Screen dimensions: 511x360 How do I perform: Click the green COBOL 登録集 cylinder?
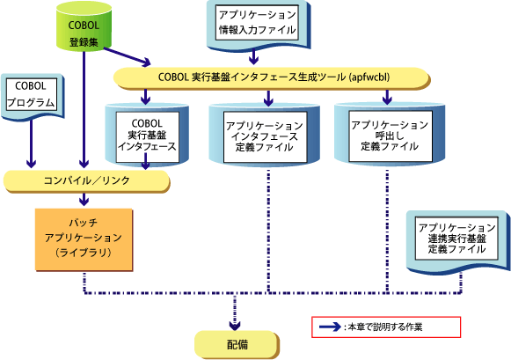pyautogui.click(x=84, y=26)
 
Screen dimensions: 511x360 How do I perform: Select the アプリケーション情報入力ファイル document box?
pyautogui.click(x=258, y=24)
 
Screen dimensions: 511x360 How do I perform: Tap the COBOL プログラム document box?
pyautogui.click(x=32, y=95)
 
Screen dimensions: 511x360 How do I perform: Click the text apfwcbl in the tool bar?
pyautogui.click(x=369, y=77)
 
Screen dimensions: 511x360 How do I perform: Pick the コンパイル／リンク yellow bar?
pyautogui.click(x=87, y=180)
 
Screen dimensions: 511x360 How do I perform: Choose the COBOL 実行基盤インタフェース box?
pyautogui.click(x=147, y=135)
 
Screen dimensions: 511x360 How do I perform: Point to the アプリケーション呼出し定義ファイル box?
pyautogui.click(x=390, y=136)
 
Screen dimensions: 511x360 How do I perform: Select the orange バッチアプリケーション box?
pyautogui.click(x=84, y=239)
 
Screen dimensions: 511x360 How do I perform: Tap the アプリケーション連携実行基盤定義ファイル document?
pyautogui.click(x=457, y=240)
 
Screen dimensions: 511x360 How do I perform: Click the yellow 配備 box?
pyautogui.click(x=237, y=345)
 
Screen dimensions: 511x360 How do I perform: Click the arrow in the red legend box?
pyautogui.click(x=330, y=327)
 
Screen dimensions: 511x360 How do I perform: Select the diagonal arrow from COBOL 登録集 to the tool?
pyautogui.click(x=128, y=56)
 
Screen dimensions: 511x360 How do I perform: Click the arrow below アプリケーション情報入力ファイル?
pyautogui.click(x=253, y=56)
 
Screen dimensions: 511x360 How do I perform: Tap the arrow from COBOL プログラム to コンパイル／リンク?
pyautogui.click(x=32, y=143)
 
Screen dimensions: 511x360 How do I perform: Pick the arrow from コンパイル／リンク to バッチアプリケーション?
pyautogui.click(x=84, y=199)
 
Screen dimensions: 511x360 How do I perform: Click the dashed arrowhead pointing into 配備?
pyautogui.click(x=235, y=325)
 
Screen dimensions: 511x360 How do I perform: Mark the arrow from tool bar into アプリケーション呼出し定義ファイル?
pyautogui.click(x=387, y=97)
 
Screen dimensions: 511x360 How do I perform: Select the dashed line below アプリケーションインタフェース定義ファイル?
pyautogui.click(x=268, y=231)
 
